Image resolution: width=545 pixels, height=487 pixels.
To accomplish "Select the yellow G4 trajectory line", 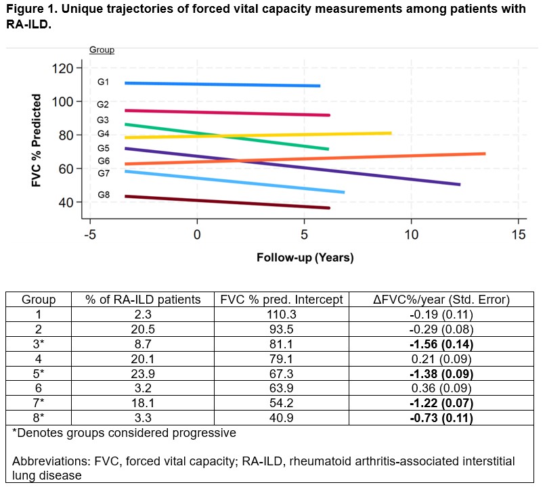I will [257, 135].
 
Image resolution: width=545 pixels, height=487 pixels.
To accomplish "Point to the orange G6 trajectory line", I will [305, 159].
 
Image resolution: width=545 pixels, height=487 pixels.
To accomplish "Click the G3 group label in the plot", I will [103, 120].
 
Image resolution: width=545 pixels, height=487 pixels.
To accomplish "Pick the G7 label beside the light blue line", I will [103, 174].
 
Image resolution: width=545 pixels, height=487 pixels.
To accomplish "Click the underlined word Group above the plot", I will [102, 50].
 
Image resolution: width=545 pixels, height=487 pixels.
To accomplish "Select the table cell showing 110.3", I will [282, 315].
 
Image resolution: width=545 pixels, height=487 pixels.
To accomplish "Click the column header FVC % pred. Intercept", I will [282, 300].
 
